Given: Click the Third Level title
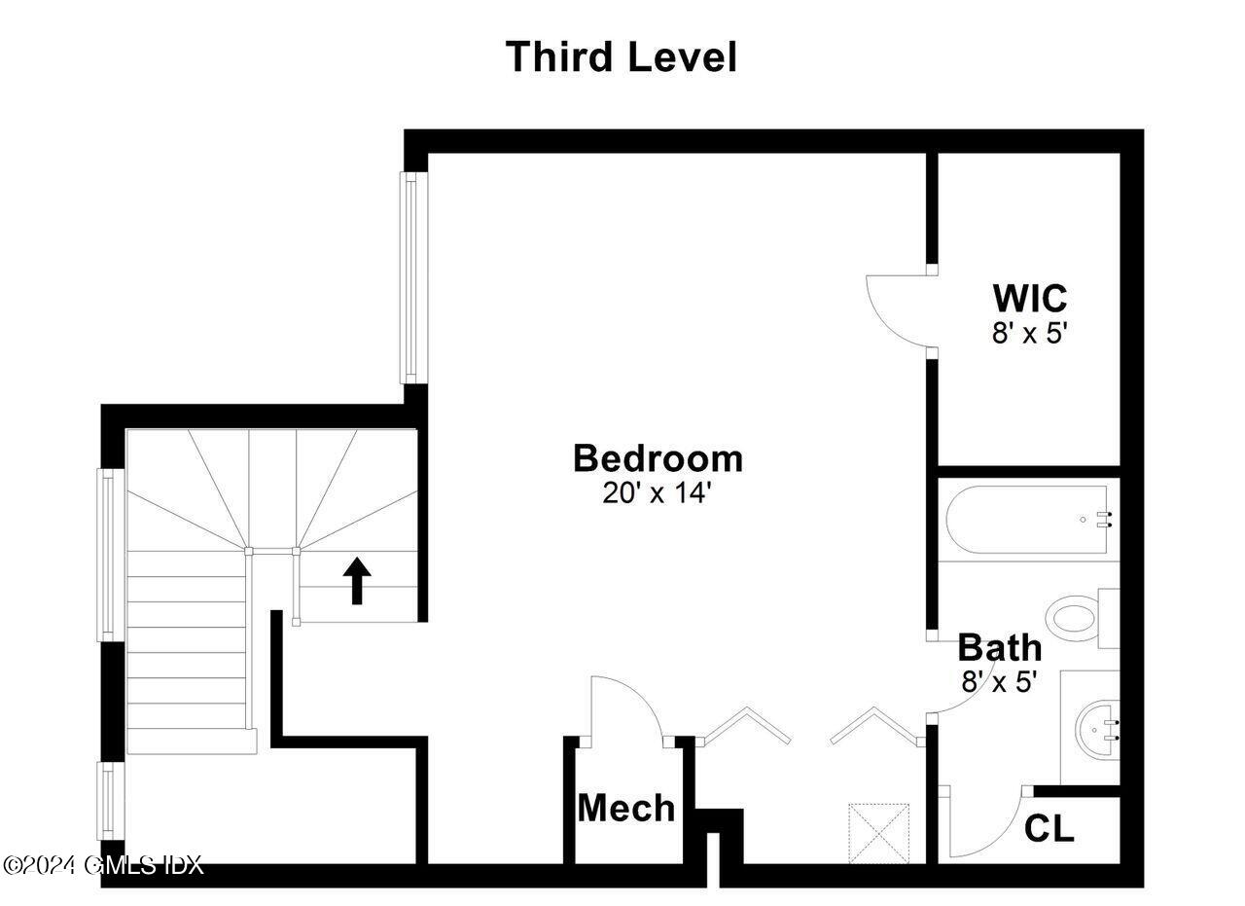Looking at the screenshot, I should coord(621,56).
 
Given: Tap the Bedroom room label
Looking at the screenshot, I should coord(658,457).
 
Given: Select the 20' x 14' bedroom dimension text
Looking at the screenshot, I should coord(658,493).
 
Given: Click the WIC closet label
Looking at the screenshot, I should coord(1029,297).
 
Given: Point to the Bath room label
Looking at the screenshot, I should coord(999,647).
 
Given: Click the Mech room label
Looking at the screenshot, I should coord(625,808).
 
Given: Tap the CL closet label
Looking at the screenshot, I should coord(1049,828).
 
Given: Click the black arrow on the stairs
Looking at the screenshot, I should coord(357,580).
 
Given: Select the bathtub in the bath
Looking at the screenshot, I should coord(1027,521).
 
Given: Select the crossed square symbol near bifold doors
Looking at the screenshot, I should coord(878,832).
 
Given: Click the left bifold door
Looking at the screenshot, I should coord(746,726).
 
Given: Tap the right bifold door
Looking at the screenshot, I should coord(874,726).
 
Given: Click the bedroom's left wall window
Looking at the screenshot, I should coord(411,277).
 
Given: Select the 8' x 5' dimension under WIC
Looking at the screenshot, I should coord(1029,333).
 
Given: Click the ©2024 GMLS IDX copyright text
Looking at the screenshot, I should coord(103,864).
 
